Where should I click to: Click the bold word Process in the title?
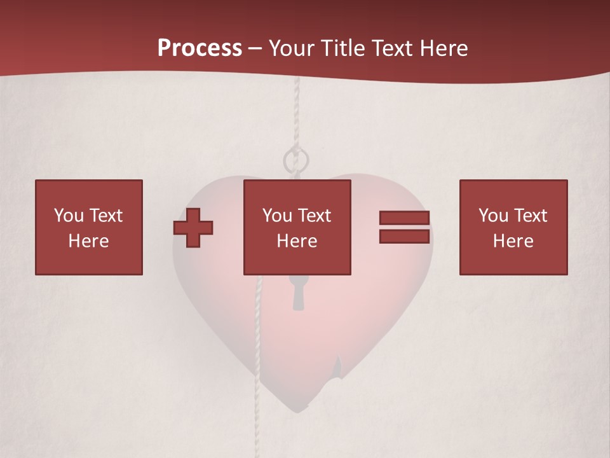(200, 48)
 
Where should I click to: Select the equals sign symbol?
(404, 227)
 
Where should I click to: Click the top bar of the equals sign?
(404, 218)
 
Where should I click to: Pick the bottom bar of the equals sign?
(404, 237)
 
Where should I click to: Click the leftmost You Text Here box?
(89, 227)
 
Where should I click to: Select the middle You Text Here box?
(297, 227)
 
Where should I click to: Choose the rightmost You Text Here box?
(513, 227)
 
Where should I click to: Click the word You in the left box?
(69, 216)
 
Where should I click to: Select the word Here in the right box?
(513, 241)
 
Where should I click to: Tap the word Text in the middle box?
(314, 216)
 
